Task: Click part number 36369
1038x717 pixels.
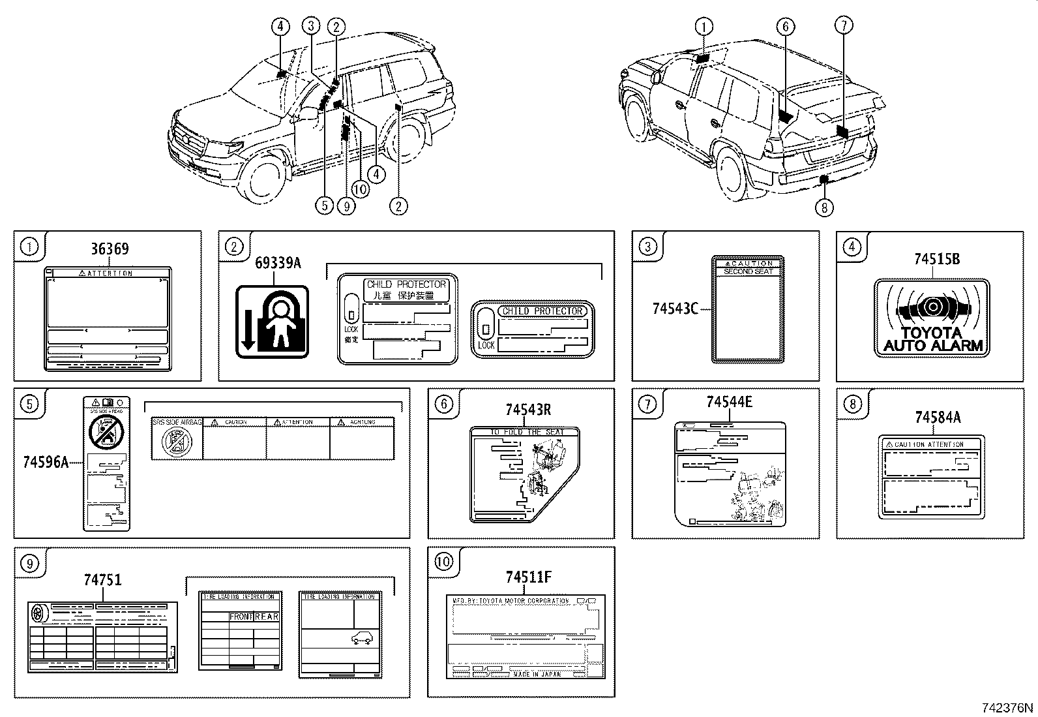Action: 110,249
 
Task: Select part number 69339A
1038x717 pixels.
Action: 278,263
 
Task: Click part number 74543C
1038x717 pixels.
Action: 675,308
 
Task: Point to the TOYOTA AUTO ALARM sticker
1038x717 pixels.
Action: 932,318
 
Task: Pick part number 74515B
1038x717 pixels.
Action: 936,259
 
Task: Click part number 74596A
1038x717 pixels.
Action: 46,462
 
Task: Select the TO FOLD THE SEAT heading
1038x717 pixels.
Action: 526,432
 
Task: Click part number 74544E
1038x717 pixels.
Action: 729,403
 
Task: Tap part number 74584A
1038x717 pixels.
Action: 937,417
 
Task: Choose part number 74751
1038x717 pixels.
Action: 102,579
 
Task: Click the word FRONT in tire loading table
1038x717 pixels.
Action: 241,617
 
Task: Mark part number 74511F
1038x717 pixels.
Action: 528,577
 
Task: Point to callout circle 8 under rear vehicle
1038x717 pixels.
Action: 825,207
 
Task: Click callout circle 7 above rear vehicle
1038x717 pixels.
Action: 844,26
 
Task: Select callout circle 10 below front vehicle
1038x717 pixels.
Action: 360,189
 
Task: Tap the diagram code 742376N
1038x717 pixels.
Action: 1008,708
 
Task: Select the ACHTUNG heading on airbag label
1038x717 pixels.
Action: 362,422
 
